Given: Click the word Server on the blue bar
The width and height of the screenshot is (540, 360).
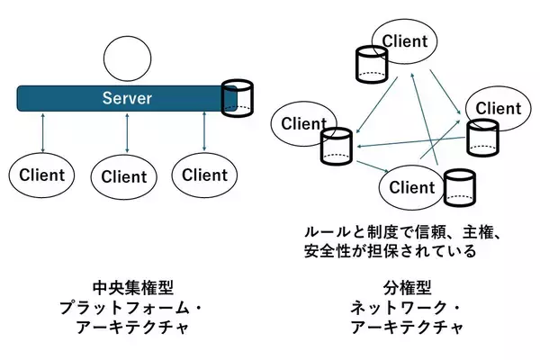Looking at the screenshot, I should click(x=126, y=97).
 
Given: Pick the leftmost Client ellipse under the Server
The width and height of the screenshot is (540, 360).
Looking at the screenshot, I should click(x=42, y=175).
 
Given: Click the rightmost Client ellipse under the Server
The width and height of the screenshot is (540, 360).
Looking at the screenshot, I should click(x=205, y=175).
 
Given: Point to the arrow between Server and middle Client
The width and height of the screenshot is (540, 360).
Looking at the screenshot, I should click(x=127, y=131).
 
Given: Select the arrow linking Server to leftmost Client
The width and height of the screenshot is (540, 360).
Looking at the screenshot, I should click(x=43, y=131).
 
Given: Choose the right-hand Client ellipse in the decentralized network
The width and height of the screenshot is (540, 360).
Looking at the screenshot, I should click(x=498, y=109).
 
